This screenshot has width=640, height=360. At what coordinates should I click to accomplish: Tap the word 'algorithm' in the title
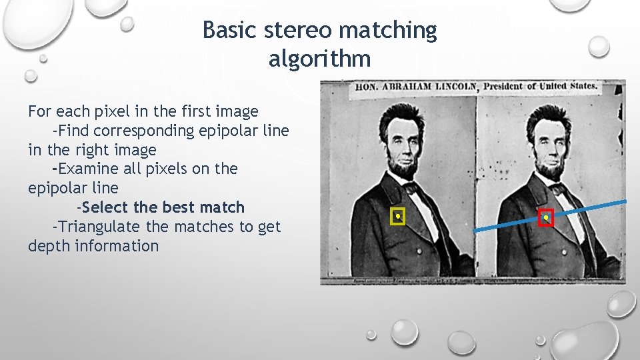[319, 59]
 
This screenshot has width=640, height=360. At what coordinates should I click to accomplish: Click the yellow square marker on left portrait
[398, 217]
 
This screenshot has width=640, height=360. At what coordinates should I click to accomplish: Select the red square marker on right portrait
[546, 218]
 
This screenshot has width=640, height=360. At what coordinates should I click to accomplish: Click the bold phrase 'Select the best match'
[163, 207]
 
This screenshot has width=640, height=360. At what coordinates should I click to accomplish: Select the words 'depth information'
[93, 246]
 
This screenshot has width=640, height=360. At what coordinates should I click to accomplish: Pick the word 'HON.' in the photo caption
[367, 87]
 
